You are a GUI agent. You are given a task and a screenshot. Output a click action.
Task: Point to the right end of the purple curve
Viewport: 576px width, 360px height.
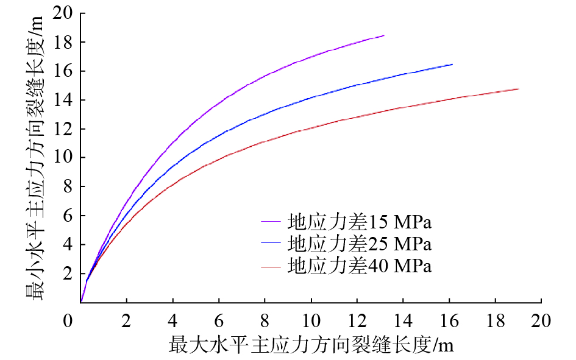coord(384,36)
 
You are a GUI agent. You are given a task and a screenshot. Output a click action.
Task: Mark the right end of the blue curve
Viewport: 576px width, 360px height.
coord(452,64)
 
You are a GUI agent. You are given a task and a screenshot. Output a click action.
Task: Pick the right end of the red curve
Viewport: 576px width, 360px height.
coord(518,89)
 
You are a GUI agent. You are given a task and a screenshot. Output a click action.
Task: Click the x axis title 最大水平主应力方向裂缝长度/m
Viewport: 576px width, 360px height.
coord(311,346)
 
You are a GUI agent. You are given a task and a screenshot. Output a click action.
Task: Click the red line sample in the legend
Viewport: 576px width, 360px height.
coord(272,267)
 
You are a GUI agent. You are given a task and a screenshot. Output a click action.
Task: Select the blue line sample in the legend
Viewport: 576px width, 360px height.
coord(272,244)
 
